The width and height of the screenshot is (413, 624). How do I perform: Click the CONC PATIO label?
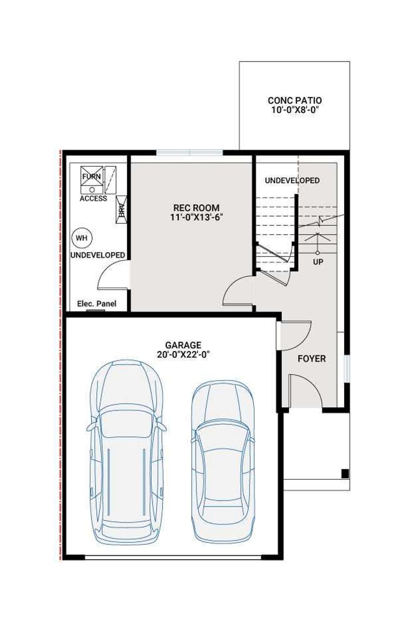coord(294,100)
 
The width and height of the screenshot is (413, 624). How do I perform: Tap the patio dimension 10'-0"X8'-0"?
coord(294,110)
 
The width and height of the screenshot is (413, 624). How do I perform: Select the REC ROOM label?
coord(196,208)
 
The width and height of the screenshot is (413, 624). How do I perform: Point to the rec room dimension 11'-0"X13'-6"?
coord(196,218)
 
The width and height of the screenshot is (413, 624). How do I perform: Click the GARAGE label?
coord(183,345)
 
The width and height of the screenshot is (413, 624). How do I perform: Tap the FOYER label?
coord(311,359)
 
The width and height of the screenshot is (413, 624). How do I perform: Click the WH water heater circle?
coord(81,238)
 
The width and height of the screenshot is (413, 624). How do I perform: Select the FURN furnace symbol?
coord(92,179)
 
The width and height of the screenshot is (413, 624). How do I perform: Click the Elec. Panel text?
coord(96,304)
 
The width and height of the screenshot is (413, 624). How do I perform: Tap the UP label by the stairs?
coord(318,262)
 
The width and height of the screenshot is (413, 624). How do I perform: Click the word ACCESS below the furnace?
coord(93,199)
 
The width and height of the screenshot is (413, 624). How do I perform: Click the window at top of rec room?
coord(189,153)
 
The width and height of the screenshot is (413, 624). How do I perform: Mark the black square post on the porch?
coord(345,474)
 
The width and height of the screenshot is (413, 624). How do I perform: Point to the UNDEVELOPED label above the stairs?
coord(292,180)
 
